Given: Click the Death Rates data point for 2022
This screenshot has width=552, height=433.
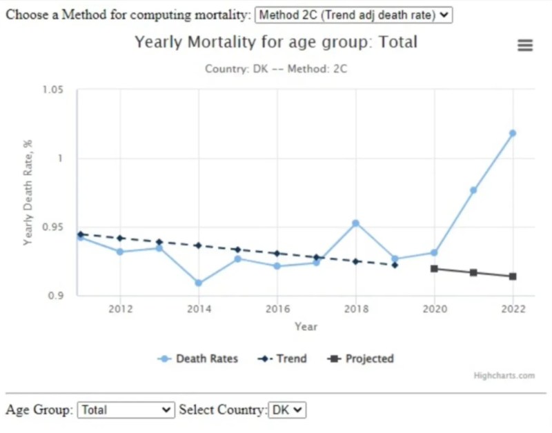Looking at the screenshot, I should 512,133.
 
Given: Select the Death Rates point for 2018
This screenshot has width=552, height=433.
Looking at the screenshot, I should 355,223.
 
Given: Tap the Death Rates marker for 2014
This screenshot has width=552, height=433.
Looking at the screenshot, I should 199,283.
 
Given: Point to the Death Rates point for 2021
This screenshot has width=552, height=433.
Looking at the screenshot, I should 473,190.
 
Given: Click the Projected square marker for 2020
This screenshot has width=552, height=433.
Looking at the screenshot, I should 434,269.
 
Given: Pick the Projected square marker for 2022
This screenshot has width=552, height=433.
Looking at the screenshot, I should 512,276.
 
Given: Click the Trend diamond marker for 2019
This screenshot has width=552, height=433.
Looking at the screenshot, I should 395,265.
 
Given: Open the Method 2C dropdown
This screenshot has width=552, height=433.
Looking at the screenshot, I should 353,15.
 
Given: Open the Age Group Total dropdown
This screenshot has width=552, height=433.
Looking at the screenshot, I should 126,410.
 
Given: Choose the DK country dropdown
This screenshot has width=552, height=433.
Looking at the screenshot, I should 286,410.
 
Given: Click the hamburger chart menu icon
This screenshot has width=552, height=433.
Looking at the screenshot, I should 525,46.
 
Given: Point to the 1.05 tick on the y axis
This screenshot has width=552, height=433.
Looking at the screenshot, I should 52,90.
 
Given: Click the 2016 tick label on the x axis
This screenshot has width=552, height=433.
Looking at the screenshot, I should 277,308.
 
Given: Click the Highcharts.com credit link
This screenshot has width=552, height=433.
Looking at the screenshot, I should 504,376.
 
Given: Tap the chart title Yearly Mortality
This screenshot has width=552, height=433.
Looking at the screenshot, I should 276,42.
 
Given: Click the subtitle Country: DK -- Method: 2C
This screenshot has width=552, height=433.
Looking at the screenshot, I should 276,69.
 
